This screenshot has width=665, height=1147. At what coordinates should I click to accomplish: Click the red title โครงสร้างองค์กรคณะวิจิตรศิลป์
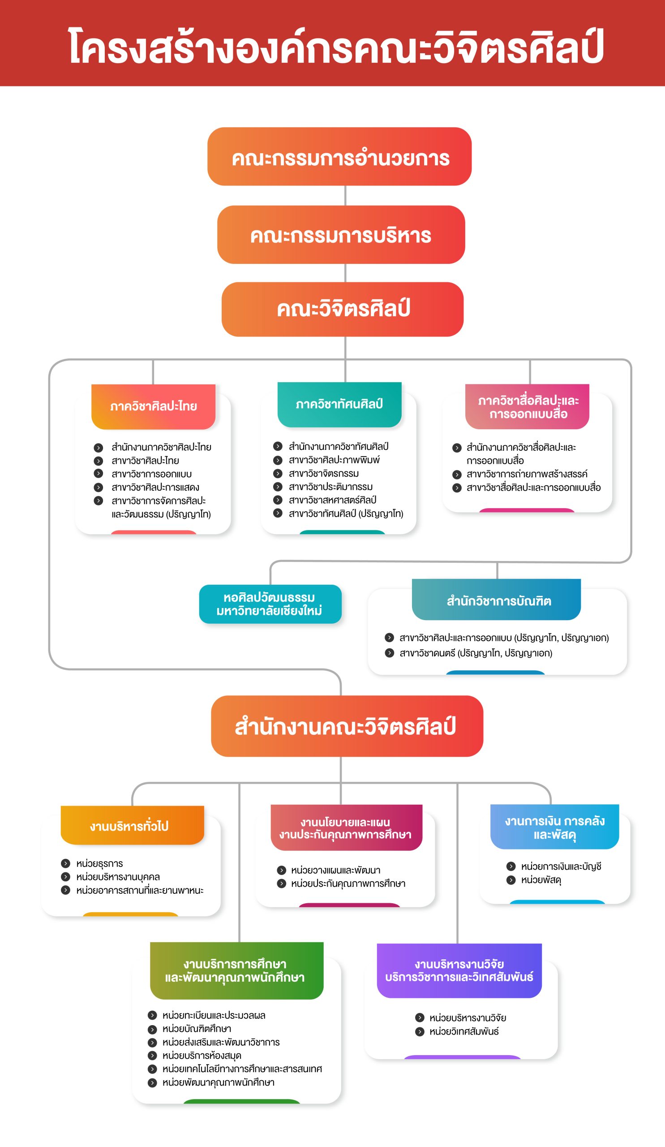(x=336, y=47)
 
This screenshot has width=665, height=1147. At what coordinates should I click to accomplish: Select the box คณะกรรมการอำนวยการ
(x=339, y=156)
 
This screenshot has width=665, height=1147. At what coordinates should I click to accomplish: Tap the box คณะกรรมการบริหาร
(x=341, y=234)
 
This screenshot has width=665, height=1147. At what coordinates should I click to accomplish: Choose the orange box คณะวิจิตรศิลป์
(x=343, y=309)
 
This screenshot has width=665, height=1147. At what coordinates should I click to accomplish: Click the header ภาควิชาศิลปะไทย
(x=153, y=406)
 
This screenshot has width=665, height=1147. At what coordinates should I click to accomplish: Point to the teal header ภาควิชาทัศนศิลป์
(x=339, y=404)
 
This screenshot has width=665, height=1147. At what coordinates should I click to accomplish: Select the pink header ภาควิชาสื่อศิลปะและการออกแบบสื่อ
(x=527, y=406)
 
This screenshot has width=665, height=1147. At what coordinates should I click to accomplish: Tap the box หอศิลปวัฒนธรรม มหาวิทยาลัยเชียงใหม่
(x=270, y=604)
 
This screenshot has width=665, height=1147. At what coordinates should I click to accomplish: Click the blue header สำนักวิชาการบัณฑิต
(x=496, y=599)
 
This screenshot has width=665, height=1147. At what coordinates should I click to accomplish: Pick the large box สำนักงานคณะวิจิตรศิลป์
(x=347, y=726)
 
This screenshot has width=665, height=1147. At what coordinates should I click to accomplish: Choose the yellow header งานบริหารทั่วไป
(x=133, y=825)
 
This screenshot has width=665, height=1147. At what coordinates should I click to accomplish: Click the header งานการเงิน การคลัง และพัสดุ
(x=554, y=827)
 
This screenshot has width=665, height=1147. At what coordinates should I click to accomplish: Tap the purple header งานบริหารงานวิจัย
(x=459, y=971)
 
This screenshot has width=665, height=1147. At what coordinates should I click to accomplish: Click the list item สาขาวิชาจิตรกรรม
(x=324, y=474)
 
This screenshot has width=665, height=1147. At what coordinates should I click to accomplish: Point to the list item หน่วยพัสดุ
(x=541, y=880)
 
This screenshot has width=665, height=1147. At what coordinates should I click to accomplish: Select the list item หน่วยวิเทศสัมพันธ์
(x=464, y=1031)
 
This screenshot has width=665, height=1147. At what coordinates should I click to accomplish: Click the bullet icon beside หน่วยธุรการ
(x=65, y=863)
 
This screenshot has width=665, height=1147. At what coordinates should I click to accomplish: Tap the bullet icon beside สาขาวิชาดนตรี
(x=389, y=653)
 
